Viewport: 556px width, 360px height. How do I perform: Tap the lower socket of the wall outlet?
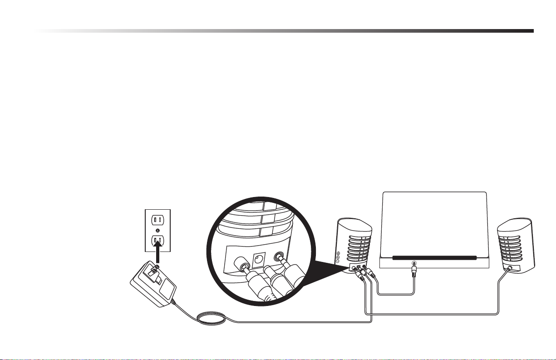point(157,240)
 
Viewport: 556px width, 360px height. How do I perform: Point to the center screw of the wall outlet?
point(157,230)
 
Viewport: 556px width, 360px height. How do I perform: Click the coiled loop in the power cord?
point(212,317)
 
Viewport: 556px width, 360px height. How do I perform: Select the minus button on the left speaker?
point(338,262)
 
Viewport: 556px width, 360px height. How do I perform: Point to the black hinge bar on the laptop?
point(435,257)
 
